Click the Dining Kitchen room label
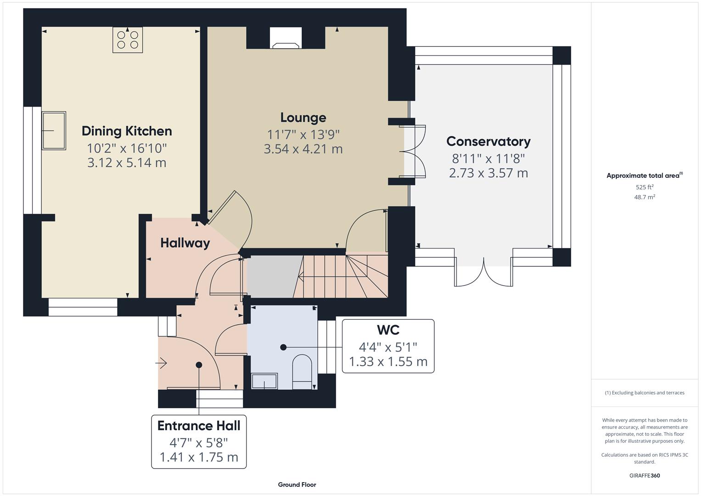click(127, 131)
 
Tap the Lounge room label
click(303, 118)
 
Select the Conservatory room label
click(488, 141)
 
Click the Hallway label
click(185, 243)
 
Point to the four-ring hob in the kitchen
click(128, 39)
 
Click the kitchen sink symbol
click(54, 130)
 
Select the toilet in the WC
click(302, 368)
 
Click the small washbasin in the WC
click(264, 381)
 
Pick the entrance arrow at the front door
click(161, 364)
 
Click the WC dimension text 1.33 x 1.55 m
click(388, 362)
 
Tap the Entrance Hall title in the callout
click(199, 426)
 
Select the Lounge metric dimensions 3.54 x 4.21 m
click(303, 149)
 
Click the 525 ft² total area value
click(644, 187)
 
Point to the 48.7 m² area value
click(644, 197)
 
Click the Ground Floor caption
click(297, 485)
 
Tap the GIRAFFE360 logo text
click(644, 475)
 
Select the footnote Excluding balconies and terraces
click(644, 393)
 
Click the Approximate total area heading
click(644, 175)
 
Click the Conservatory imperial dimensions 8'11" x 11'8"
click(488, 159)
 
